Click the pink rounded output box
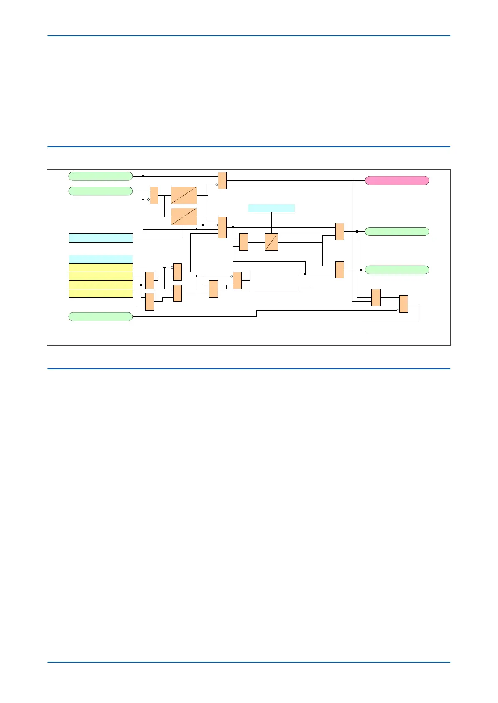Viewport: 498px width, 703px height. pyautogui.click(x=397, y=180)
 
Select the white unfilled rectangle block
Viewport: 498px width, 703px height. pyautogui.click(x=274, y=281)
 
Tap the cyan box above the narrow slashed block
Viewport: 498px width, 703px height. pyautogui.click(x=271, y=208)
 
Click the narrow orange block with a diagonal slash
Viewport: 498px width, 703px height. pyautogui.click(x=271, y=242)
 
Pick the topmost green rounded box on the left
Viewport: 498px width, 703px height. pyautogui.click(x=100, y=176)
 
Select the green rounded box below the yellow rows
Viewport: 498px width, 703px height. pyautogui.click(x=100, y=316)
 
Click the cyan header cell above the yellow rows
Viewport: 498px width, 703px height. pyautogui.click(x=100, y=259)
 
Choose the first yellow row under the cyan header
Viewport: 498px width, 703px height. pyautogui.click(x=100, y=268)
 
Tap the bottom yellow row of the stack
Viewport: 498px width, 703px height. pyautogui.click(x=100, y=293)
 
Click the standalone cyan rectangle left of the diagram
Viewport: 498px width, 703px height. pyautogui.click(x=100, y=238)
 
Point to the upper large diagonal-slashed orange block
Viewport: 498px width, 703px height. pyautogui.click(x=184, y=195)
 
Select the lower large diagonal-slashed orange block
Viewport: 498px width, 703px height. pyautogui.click(x=184, y=216)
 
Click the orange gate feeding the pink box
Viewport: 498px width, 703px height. pyautogui.click(x=222, y=180)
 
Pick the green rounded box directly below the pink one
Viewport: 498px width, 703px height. pyautogui.click(x=397, y=232)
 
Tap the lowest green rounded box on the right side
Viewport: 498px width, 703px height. pyautogui.click(x=397, y=270)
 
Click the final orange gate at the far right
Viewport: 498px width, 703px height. pyautogui.click(x=403, y=304)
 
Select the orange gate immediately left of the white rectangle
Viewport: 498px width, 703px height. pyautogui.click(x=237, y=281)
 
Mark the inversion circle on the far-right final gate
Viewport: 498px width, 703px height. pyautogui.click(x=398, y=310)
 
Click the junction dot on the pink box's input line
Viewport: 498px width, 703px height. pyautogui.click(x=352, y=180)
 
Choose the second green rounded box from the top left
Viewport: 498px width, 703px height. pyautogui.click(x=100, y=191)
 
